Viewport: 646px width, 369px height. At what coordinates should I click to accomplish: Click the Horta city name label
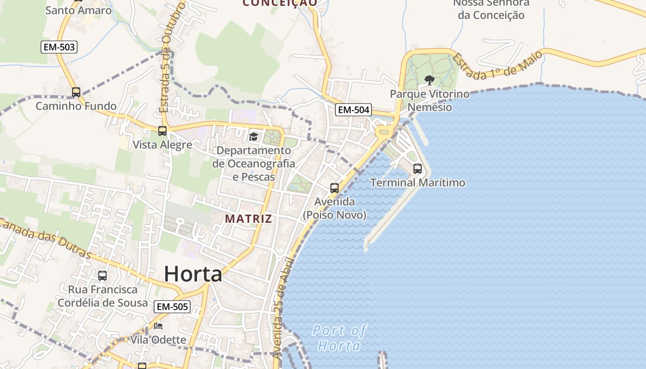tap(193, 274)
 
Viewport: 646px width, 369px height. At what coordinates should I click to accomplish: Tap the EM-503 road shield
tap(59, 47)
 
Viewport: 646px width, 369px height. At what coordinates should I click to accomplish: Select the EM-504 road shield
tap(353, 109)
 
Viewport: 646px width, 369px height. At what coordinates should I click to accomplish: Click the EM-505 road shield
tap(173, 306)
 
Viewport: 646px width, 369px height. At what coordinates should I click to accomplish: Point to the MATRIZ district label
tap(248, 219)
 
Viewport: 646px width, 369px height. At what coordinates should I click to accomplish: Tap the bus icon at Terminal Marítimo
tap(418, 169)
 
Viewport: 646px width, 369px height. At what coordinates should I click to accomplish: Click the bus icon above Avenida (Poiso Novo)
tap(335, 188)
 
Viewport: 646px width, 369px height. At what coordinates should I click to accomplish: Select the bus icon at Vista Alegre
tap(162, 131)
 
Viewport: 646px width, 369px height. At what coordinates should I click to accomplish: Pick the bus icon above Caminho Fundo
tap(76, 92)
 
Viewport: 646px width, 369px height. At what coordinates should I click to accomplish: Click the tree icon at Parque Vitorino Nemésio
tap(429, 80)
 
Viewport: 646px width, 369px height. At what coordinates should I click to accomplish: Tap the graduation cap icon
tap(253, 137)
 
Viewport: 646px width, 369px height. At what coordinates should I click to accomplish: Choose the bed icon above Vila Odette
tap(158, 326)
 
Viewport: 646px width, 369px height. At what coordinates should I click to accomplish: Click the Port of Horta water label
tap(339, 338)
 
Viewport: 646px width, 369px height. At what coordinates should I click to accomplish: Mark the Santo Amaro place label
tap(78, 10)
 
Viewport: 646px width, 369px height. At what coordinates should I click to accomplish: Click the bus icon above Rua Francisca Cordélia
tap(102, 276)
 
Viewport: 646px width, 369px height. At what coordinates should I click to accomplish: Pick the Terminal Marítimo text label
tap(418, 183)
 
